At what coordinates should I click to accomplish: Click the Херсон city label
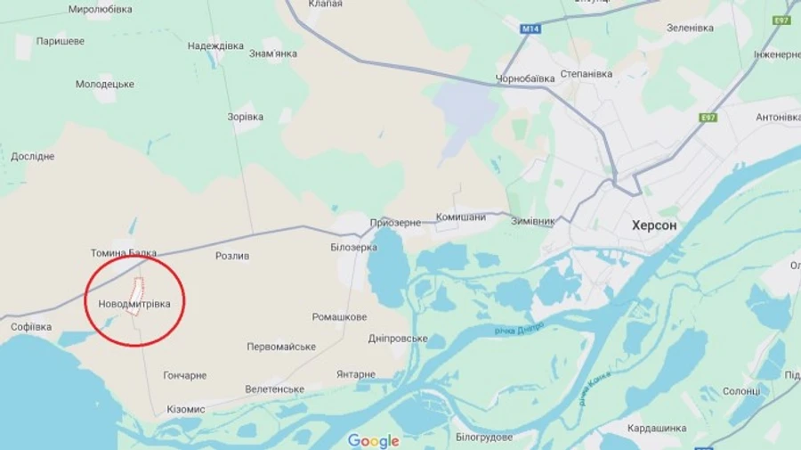click(x=654, y=225)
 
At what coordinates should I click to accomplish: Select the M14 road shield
click(x=530, y=29)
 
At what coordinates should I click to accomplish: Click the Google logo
click(x=373, y=440)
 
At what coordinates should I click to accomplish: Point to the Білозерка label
click(x=352, y=247)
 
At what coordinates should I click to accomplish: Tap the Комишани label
click(x=461, y=217)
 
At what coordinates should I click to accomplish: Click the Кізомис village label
click(x=185, y=409)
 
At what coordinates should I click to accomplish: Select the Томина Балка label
click(x=123, y=253)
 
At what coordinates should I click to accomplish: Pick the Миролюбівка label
click(x=100, y=9)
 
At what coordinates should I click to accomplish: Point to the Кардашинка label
click(x=657, y=428)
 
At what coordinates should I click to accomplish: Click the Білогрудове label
click(x=484, y=437)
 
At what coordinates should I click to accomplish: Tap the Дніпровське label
click(x=398, y=339)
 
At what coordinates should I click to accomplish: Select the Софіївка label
click(x=30, y=327)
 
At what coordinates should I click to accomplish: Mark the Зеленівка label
click(x=690, y=28)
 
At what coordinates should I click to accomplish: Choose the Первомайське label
click(x=281, y=347)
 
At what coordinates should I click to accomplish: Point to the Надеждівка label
click(x=215, y=45)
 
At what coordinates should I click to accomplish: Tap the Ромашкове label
click(x=339, y=317)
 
